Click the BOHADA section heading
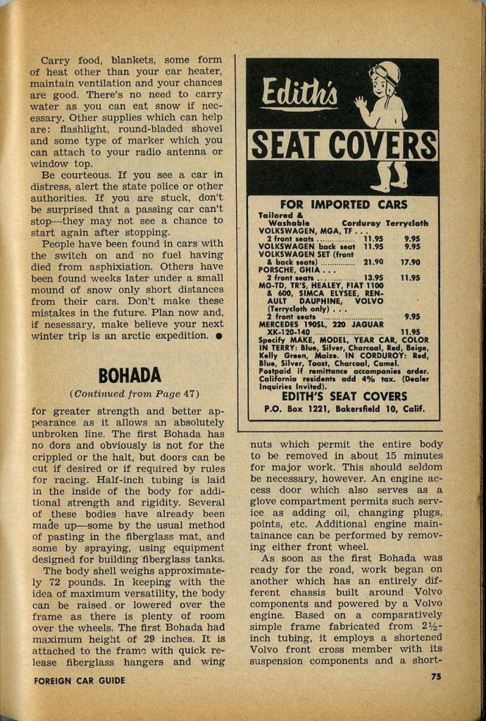tap(130, 375)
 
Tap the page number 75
tap(437, 677)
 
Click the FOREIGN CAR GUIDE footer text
tap(80, 680)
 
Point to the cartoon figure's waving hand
tap(361, 104)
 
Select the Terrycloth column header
tap(406, 222)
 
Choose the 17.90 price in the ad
tap(410, 262)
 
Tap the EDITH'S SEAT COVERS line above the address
tap(344, 396)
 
